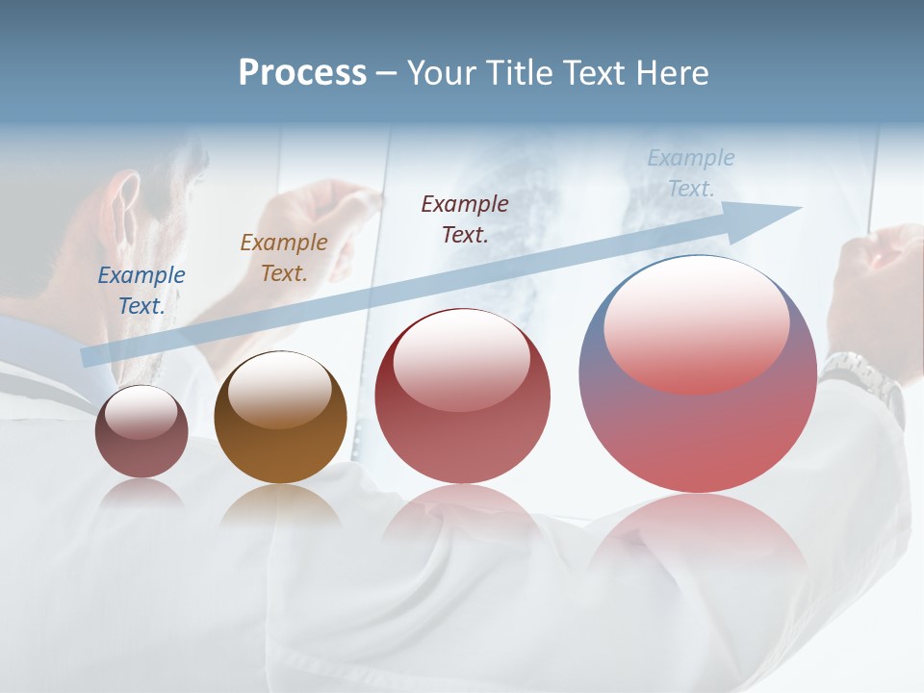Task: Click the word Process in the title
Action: (x=302, y=73)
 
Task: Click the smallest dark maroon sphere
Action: (x=141, y=432)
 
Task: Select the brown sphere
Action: (x=280, y=419)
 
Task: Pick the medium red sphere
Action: (x=462, y=397)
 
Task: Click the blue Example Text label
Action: (x=141, y=291)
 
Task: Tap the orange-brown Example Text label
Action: (x=284, y=258)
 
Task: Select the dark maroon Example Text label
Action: (x=465, y=218)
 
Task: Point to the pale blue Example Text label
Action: (x=691, y=173)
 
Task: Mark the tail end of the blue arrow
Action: (x=89, y=357)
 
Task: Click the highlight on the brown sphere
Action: (x=279, y=390)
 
